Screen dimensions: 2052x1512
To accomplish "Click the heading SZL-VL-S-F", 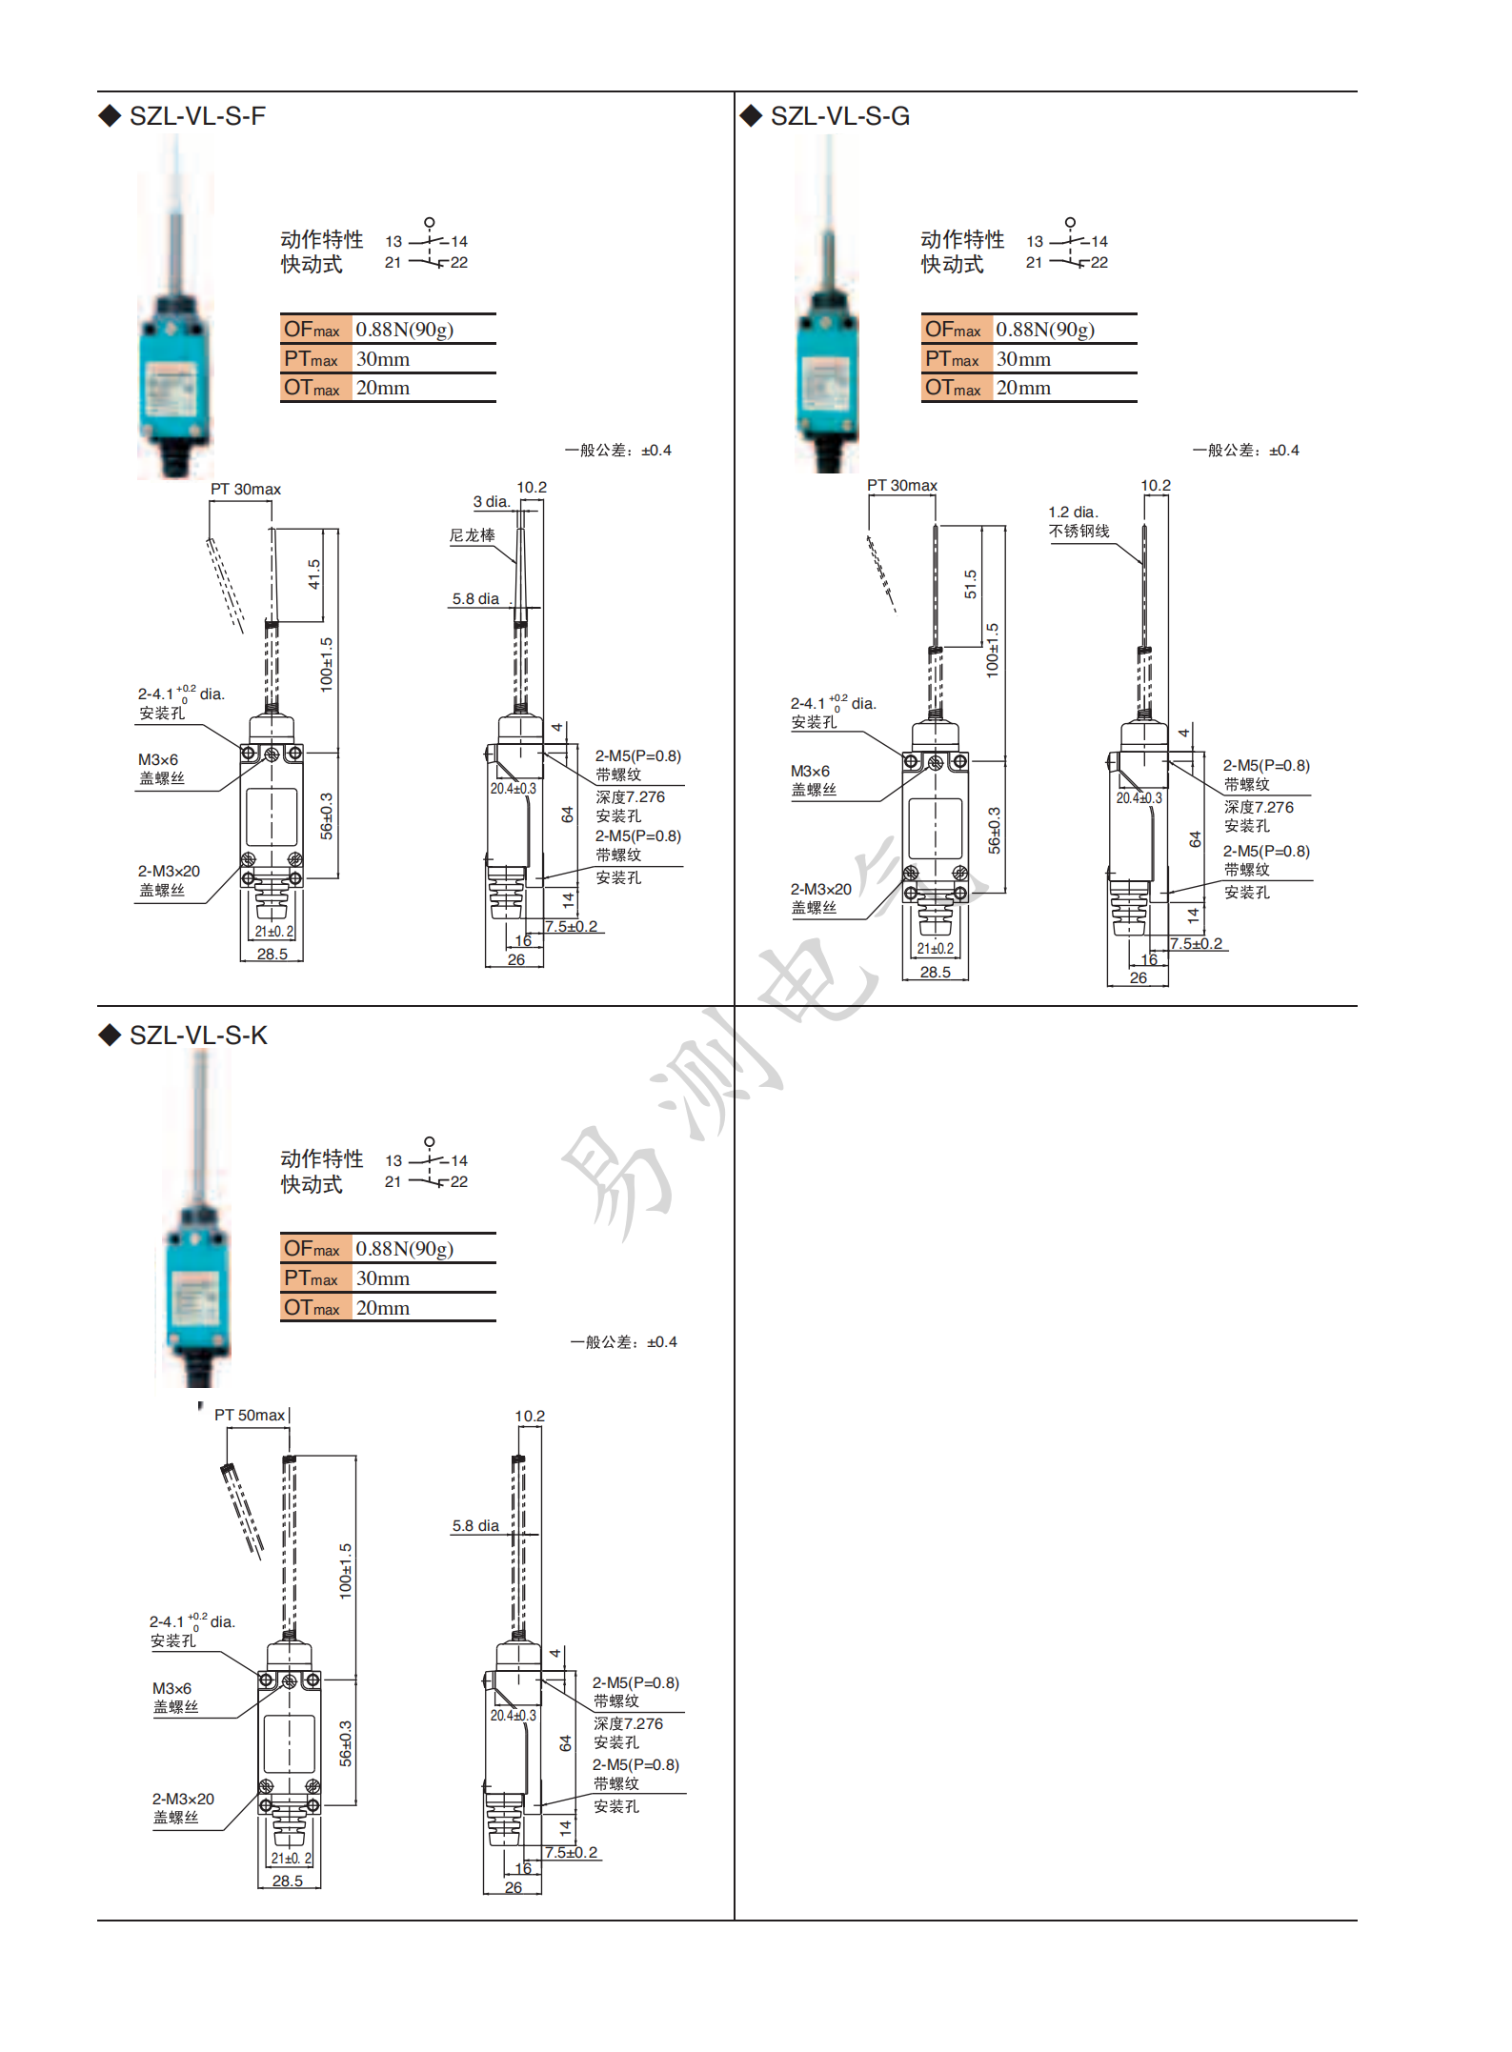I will coord(196,116).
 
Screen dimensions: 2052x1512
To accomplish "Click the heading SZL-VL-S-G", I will coord(838,116).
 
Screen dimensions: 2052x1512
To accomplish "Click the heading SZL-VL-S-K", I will coord(197,1036).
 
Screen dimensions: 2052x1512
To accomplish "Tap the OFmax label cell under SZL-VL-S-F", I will coord(312,330).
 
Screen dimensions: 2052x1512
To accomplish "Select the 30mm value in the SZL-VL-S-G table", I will coord(1023,359).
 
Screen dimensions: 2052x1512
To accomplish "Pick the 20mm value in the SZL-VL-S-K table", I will coord(382,1308).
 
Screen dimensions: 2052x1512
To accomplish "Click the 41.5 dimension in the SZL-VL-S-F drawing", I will coord(314,573).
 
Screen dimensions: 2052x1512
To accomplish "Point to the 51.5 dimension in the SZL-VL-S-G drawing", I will coord(970,584).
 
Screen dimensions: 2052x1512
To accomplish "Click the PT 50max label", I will coord(250,1415).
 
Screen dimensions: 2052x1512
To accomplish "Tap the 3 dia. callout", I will coord(492,502).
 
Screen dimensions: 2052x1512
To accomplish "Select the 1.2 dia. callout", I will coord(1073,513).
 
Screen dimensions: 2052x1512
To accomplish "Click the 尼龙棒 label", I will coord(473,535).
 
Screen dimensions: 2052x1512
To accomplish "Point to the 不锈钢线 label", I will coord(1079,532).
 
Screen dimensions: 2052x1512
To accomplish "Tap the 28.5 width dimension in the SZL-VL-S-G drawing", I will coord(935,973).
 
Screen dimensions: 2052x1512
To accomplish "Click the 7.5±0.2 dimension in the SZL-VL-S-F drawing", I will coord(572,926).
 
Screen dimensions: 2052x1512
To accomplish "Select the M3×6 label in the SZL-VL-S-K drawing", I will coord(171,1688).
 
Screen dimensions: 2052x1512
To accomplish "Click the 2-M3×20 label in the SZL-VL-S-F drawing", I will coord(169,872).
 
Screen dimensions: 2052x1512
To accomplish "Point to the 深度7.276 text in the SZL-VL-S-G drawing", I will coord(1259,808).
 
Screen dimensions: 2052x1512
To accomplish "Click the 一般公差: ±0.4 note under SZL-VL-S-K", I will coord(623,1342).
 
